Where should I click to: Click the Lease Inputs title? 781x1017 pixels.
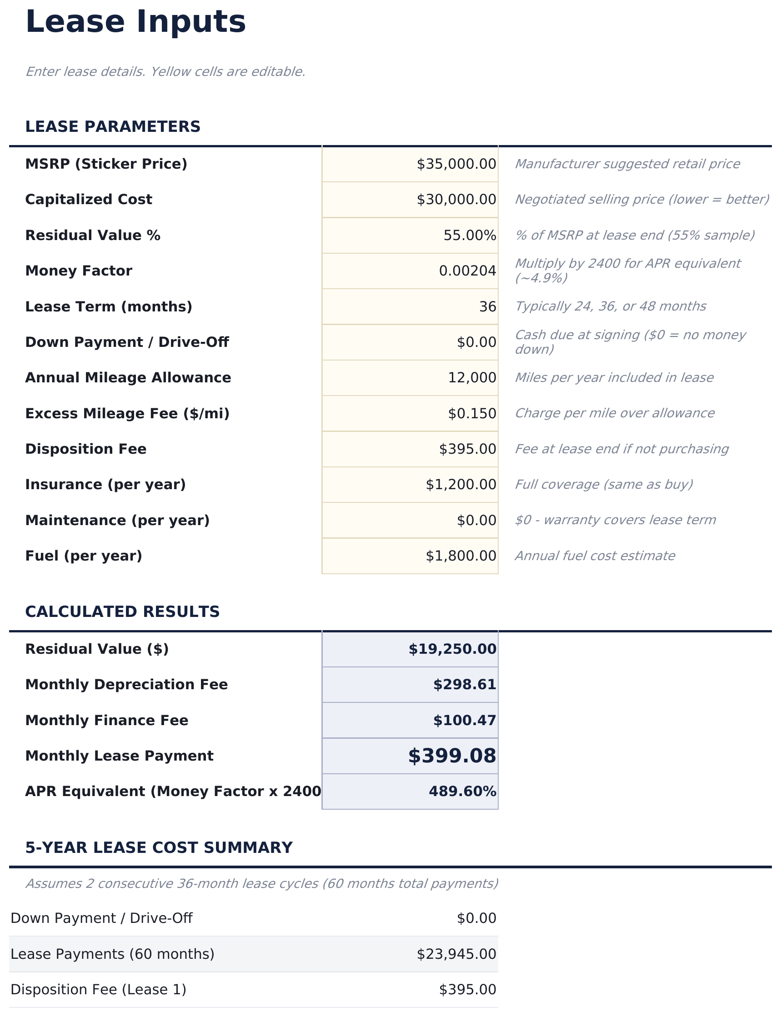point(135,22)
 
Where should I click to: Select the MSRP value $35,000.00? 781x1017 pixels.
point(456,164)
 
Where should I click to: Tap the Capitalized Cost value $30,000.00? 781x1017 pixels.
point(456,200)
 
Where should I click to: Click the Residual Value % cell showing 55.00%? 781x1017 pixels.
point(469,235)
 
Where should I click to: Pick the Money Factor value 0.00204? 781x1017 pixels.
point(467,271)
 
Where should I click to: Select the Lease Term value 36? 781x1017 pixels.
point(487,307)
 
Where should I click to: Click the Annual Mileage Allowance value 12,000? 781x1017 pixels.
point(471,378)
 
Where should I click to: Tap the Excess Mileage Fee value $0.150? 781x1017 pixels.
point(471,414)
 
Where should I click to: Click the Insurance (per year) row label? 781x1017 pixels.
point(105,485)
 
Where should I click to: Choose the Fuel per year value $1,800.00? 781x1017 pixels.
point(460,556)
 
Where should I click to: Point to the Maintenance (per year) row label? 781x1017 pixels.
point(117,521)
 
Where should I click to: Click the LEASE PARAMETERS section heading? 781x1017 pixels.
point(113,127)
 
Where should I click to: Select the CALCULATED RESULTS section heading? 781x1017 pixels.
point(122,612)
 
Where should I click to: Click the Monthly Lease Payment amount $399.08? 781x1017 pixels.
point(451,756)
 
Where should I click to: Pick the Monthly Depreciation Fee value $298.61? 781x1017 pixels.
point(464,685)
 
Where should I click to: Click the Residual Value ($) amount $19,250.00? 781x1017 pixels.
point(452,649)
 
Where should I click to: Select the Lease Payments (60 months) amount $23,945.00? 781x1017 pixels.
point(456,954)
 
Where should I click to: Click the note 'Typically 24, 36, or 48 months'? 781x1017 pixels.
point(610,306)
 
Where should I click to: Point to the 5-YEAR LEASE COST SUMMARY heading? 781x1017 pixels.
point(159,848)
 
